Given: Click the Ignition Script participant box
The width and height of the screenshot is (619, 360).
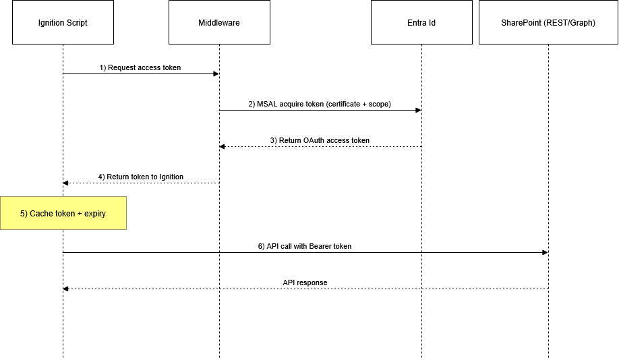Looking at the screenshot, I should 63,23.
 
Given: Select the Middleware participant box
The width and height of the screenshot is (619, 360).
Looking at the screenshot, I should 219,23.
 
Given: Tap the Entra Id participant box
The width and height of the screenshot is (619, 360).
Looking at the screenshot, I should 421,23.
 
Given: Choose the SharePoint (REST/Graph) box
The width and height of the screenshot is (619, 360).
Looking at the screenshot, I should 548,23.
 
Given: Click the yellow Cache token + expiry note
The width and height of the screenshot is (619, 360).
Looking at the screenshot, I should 63,213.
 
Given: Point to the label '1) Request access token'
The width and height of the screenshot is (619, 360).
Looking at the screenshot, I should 140,68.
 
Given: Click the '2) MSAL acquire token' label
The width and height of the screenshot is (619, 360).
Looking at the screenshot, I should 320,104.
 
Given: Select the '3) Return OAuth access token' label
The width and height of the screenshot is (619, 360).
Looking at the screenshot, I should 320,141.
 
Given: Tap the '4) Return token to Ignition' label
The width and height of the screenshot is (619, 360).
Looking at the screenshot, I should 140,177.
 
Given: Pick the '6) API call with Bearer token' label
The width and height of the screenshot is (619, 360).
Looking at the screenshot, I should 305,247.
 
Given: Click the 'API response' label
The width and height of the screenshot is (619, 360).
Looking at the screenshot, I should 305,283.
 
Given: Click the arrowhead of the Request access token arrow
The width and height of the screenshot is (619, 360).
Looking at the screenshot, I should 216,74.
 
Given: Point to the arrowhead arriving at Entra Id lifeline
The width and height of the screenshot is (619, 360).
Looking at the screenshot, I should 418,111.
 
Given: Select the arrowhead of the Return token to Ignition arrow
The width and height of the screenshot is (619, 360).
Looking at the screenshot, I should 66,183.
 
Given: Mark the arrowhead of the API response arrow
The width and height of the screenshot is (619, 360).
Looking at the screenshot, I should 66,289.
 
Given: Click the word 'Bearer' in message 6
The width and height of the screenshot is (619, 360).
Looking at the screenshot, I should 321,247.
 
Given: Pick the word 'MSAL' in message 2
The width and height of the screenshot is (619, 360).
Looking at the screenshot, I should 267,104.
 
